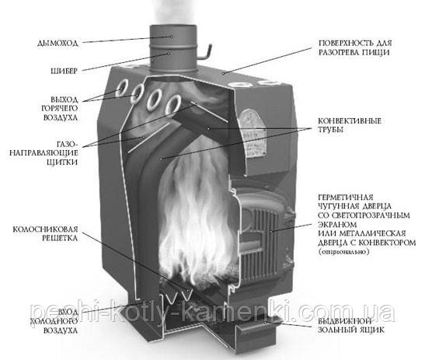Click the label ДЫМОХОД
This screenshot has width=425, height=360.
tap(57, 43)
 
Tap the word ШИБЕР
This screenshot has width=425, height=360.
tap(64, 71)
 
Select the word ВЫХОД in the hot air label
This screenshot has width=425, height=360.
tap(64, 100)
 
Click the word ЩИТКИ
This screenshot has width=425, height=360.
tap(62, 163)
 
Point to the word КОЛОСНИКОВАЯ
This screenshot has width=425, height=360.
tap(45, 229)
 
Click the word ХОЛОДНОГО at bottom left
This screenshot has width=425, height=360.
tap(54, 321)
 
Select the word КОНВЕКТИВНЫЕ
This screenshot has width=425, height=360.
tap(350, 121)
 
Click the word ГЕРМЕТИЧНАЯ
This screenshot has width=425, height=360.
tap(346, 197)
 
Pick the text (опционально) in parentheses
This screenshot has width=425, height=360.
tap(343, 252)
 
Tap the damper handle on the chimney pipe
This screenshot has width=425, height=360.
tap(205, 53)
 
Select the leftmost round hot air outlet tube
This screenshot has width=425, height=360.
tap(121, 87)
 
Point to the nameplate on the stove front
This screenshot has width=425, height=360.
tap(252, 133)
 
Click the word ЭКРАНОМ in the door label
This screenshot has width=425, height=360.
tap(337, 225)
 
